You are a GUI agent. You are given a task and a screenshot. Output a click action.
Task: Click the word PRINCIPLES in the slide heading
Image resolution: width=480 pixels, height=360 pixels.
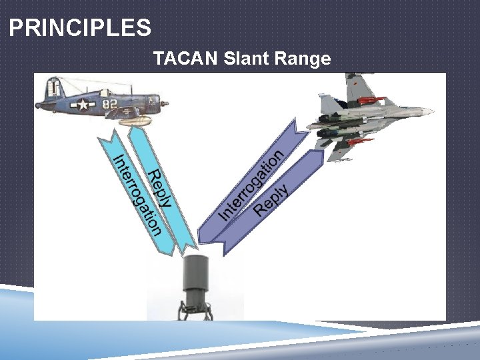tap(80, 28)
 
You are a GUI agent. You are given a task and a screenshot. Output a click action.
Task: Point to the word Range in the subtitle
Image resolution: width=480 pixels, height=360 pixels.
tap(303, 59)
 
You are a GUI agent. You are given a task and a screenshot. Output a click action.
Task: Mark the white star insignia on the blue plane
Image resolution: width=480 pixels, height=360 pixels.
tap(83, 105)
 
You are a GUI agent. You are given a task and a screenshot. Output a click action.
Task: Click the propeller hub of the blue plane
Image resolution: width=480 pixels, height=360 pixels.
tap(165, 105)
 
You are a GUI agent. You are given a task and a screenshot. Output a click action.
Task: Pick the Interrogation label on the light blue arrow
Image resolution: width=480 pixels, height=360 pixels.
tap(137, 195)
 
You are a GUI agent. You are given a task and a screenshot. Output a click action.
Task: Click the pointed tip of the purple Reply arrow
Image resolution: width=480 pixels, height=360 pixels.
tap(223, 253)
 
